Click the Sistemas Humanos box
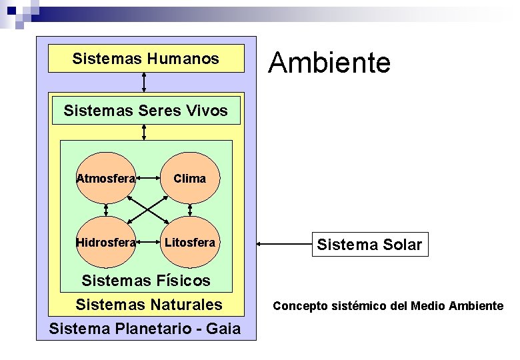pos(146,59)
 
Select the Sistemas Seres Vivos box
pos(146,111)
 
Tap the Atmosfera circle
pos(106,178)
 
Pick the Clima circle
pos(190,178)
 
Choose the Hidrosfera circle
pos(106,243)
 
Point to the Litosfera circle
pos(190,243)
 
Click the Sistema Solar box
pos(369,245)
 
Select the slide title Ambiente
pos(329,63)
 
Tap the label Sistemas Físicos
pos(145,281)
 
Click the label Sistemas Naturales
pos(149,305)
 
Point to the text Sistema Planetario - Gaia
pos(145,329)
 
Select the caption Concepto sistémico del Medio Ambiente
pos(388,306)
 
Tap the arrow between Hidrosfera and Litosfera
pos(150,243)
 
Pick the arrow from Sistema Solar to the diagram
pos(284,245)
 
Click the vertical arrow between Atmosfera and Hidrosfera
pos(106,210)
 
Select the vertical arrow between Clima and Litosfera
pos(191,210)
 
